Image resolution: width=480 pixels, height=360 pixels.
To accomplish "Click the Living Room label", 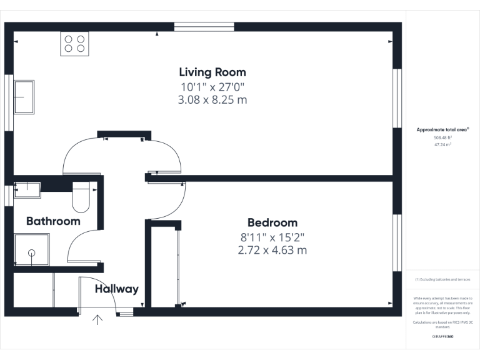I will point(212,72).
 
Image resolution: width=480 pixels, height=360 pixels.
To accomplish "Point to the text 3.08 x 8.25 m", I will point(212,100).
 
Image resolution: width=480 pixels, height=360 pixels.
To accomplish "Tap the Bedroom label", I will point(272,222).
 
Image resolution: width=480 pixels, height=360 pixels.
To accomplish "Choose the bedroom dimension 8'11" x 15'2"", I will point(272,237).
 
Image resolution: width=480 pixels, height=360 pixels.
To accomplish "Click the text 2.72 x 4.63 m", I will point(272,251).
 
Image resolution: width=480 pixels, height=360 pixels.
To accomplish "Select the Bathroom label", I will point(53,221).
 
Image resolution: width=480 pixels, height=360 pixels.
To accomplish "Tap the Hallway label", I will point(116,289).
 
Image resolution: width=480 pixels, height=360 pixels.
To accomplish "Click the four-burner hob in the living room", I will point(74,44).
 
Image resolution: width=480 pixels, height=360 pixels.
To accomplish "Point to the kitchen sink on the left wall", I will point(24,97).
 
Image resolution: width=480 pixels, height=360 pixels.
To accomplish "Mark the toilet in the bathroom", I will point(82,198).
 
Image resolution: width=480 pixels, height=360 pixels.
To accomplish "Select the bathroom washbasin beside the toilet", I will point(27,189).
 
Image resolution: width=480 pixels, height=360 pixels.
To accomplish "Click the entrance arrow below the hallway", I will point(97,321).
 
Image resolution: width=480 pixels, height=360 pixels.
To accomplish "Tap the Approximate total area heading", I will point(442,129).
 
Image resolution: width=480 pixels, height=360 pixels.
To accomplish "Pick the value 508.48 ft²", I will point(442,137).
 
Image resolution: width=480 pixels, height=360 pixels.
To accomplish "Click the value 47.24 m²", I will point(442,144).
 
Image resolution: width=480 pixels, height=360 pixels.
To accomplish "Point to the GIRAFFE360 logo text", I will point(442,337).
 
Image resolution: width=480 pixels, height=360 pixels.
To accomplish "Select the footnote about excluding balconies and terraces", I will point(442,279).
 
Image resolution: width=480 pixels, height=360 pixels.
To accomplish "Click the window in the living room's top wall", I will point(204,26).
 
